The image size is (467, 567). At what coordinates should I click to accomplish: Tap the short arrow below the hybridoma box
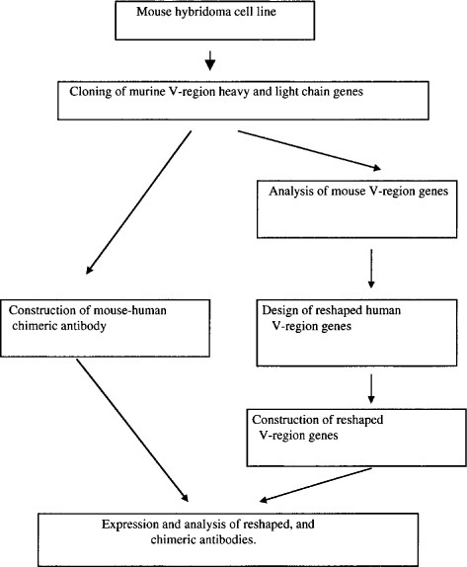coord(209,61)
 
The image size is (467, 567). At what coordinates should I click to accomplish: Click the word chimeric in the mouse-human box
coord(45,321)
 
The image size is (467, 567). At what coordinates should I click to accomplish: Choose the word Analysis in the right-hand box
coord(291,191)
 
